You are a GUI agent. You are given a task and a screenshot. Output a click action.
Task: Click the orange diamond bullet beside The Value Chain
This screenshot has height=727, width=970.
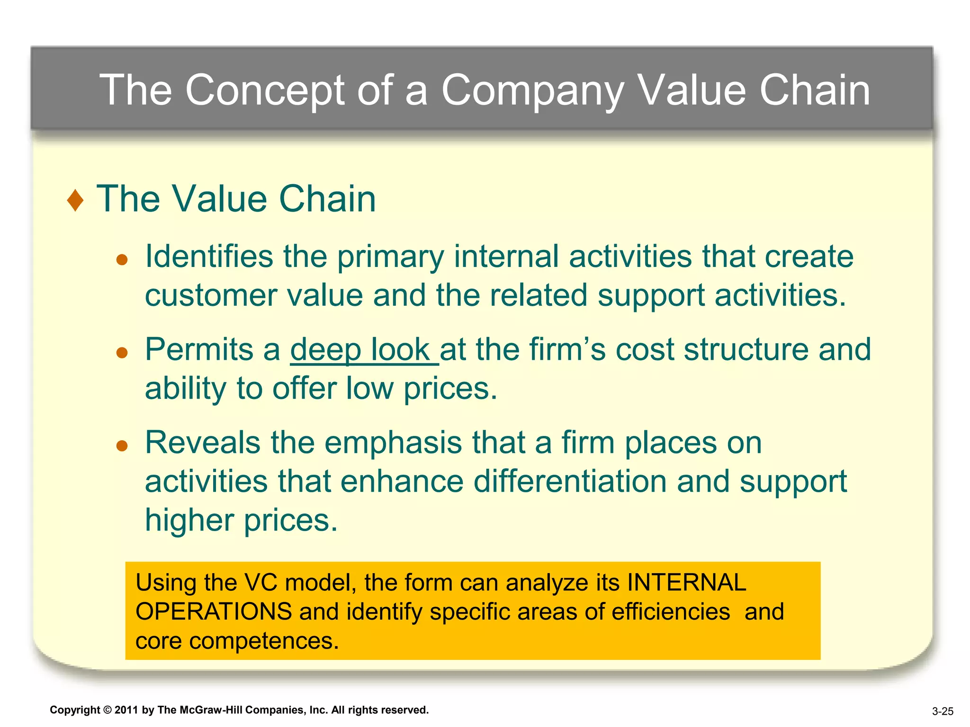click(75, 200)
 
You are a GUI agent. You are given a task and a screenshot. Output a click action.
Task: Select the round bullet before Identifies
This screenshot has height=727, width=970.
click(122, 259)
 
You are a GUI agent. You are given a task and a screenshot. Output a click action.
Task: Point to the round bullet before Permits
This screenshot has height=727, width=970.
click(122, 353)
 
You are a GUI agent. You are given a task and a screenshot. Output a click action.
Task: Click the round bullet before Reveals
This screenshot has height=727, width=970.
click(122, 445)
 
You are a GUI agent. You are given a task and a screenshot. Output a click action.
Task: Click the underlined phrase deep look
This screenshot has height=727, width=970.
click(364, 350)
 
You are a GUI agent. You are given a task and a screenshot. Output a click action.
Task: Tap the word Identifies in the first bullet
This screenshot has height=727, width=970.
click(209, 257)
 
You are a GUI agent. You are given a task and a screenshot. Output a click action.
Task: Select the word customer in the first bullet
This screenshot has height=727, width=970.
click(210, 296)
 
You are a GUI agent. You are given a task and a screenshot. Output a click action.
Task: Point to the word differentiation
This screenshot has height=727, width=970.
click(570, 481)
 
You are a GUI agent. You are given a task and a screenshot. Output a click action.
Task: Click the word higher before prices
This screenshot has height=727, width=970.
click(189, 520)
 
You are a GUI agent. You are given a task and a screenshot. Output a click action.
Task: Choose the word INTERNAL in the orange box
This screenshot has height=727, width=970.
click(686, 583)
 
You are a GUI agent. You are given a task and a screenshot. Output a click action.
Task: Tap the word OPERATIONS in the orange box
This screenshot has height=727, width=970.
click(214, 612)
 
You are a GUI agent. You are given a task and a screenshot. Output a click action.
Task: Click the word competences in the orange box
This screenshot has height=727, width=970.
click(264, 641)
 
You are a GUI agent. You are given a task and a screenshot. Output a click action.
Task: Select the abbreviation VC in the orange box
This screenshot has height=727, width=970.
click(260, 583)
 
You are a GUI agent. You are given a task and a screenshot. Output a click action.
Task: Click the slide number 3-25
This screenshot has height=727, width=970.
click(943, 711)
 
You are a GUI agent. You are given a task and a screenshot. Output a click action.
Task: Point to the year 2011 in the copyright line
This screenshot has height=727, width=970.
click(126, 710)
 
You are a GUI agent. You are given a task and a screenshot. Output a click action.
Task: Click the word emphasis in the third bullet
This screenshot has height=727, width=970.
click(393, 443)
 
